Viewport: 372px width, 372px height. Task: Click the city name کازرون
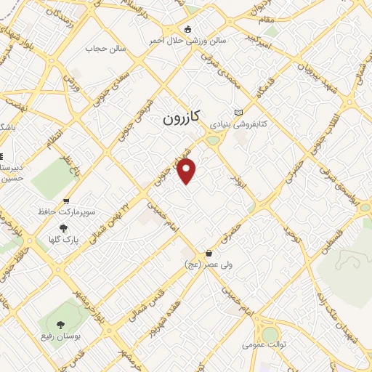[x=181, y=116]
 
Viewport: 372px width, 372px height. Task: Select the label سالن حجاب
[x=107, y=49]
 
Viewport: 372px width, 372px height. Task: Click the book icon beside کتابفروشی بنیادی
[x=238, y=111]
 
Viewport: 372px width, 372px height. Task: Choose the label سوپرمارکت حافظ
[x=66, y=213]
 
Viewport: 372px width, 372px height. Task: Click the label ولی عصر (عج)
[x=210, y=266]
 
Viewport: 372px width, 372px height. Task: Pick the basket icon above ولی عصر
[x=210, y=254]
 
